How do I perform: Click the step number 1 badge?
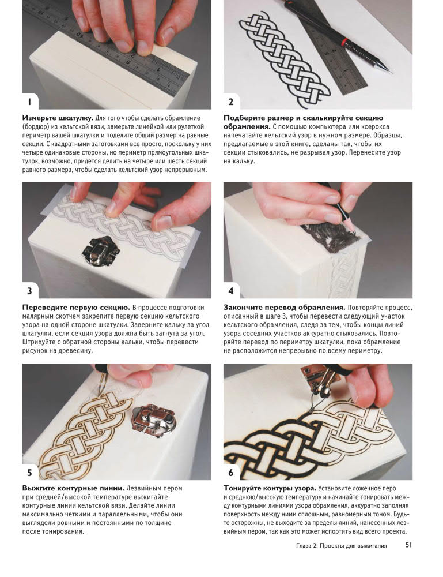pos(29,102)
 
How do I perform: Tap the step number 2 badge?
pos(230,102)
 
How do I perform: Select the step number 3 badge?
pos(29,291)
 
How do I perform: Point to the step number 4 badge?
pos(230,291)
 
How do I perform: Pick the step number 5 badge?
pos(29,473)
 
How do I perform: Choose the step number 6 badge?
pos(230,473)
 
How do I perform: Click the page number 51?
pos(408,545)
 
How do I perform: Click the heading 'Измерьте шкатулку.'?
pos(58,118)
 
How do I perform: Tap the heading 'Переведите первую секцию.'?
pos(76,308)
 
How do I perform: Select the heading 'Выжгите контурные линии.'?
pos(73,488)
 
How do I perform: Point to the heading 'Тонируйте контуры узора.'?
pos(270,488)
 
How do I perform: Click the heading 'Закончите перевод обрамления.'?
pos(285,308)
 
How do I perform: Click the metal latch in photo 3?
pos(100,251)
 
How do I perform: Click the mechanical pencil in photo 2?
pos(336,34)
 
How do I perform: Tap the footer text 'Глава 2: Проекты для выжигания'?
pos(341,545)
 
